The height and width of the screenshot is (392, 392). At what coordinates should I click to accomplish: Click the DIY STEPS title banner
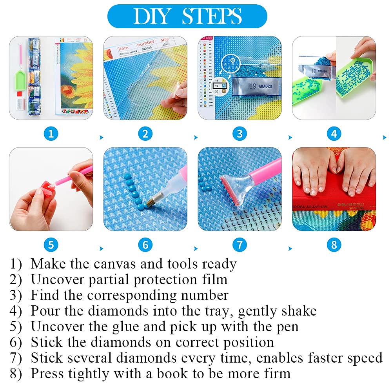click(x=187, y=16)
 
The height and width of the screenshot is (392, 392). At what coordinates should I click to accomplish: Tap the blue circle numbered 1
click(x=51, y=134)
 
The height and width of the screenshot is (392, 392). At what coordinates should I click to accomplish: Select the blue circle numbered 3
click(x=240, y=134)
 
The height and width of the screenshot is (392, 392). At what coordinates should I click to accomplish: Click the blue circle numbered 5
click(x=51, y=245)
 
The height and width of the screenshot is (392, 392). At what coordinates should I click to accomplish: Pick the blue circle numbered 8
click(x=334, y=245)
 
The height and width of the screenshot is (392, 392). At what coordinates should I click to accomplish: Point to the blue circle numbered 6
click(x=145, y=245)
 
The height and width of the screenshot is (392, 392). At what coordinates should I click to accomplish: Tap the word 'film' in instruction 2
click(x=214, y=279)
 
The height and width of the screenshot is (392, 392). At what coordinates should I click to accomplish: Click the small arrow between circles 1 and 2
click(x=102, y=138)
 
